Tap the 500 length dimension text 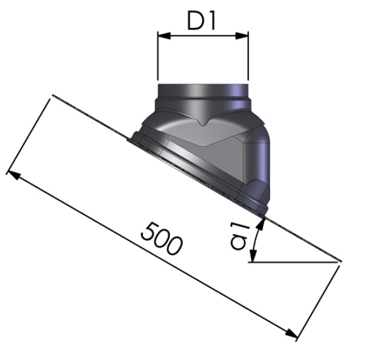click(x=161, y=238)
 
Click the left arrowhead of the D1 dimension click(x=162, y=35)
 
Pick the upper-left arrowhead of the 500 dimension click(x=12, y=175)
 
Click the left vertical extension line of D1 click(x=157, y=57)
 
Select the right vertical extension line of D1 click(x=248, y=57)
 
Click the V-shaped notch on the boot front click(x=204, y=125)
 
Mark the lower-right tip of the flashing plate click(x=340, y=263)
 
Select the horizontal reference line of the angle click(x=294, y=263)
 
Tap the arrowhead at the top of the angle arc click(x=261, y=223)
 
